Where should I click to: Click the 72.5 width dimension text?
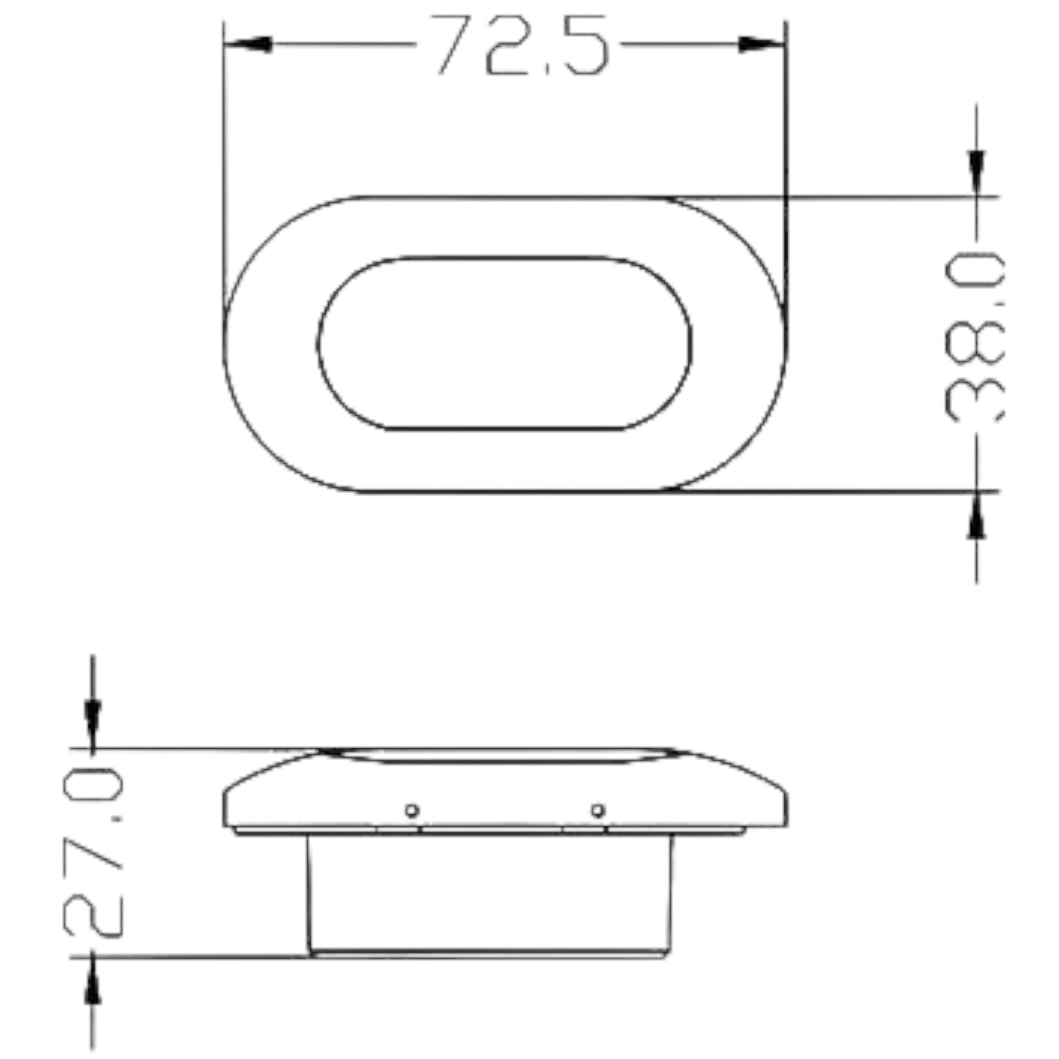[520, 45]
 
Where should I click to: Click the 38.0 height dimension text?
[974, 337]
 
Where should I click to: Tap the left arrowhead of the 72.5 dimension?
[248, 45]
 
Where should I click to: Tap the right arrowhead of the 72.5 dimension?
[761, 45]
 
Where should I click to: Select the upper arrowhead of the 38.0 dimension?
[976, 172]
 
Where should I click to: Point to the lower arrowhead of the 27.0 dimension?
[92, 981]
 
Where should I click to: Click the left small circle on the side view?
[412, 810]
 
